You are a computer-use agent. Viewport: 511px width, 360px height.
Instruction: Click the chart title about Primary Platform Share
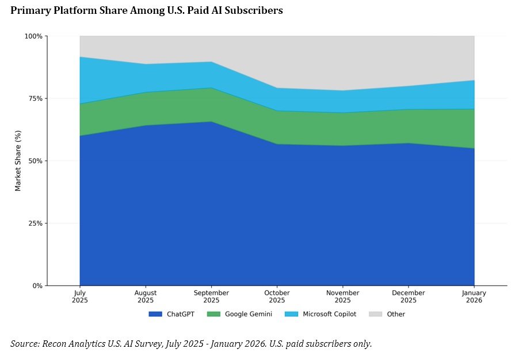pyautogui.click(x=147, y=10)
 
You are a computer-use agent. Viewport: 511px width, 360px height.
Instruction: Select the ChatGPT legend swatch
pyautogui.click(x=156, y=314)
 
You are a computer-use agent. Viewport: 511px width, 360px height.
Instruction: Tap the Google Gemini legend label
pyautogui.click(x=248, y=314)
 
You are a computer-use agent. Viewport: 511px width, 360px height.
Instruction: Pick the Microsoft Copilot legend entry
pyautogui.click(x=329, y=314)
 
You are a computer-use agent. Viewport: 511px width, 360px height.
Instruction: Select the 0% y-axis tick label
pyautogui.click(x=37, y=286)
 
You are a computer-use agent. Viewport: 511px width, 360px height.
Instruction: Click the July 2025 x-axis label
pyautogui.click(x=80, y=297)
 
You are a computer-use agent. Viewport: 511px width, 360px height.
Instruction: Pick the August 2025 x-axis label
pyautogui.click(x=146, y=297)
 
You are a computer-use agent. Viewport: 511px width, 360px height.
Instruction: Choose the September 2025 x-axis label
pyautogui.click(x=211, y=297)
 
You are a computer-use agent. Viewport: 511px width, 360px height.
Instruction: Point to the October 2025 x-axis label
pyautogui.click(x=277, y=297)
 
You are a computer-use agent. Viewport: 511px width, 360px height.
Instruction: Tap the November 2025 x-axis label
pyautogui.click(x=342, y=297)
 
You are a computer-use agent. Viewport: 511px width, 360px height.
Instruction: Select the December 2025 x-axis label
pyautogui.click(x=408, y=297)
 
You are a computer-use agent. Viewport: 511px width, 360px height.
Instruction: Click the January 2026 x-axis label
pyautogui.click(x=474, y=297)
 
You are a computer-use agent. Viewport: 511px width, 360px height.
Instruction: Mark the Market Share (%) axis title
pyautogui.click(x=18, y=161)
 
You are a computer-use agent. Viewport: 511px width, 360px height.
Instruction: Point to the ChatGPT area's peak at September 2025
pyautogui.click(x=211, y=122)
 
